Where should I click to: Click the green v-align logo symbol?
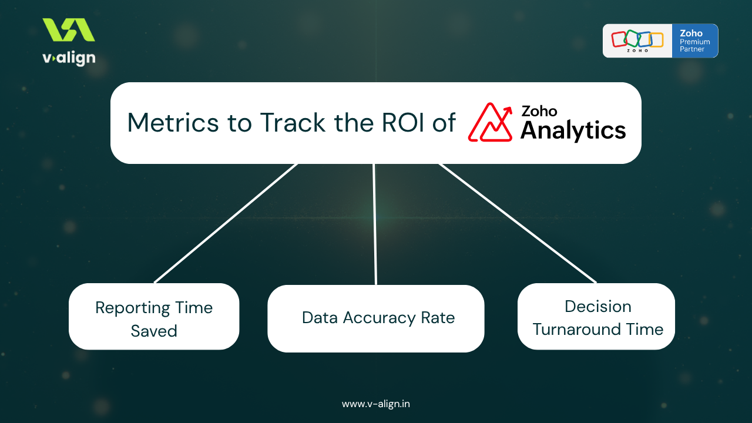[69, 30]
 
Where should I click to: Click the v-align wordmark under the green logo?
[69, 58]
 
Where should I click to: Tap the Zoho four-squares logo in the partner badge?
[637, 39]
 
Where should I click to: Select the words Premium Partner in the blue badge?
[695, 46]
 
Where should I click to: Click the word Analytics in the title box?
[573, 130]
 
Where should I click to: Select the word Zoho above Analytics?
[539, 111]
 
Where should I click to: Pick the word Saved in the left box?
[154, 331]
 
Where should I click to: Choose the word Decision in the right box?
[597, 307]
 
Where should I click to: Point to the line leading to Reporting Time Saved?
[226, 223]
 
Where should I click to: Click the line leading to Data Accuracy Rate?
[375, 223]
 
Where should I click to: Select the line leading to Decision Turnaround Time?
[517, 223]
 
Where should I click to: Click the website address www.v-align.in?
[376, 404]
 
